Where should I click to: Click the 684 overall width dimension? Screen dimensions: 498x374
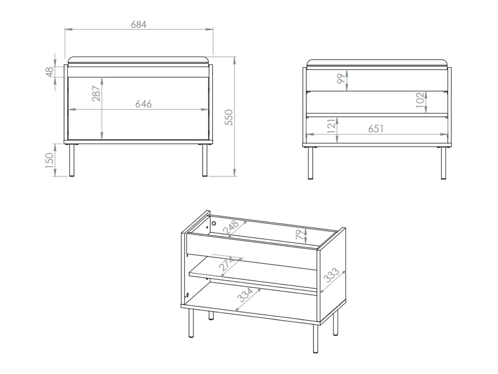tap(138, 25)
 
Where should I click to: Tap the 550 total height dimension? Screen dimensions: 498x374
tap(229, 117)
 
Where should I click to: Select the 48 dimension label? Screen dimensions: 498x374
tap(50, 72)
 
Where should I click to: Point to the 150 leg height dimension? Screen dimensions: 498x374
tap(49, 160)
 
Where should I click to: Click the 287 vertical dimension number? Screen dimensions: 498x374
tap(96, 93)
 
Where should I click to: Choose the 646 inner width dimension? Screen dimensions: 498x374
tap(143, 104)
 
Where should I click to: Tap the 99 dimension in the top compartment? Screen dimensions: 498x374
tap(341, 78)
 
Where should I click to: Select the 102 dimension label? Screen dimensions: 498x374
tap(420, 100)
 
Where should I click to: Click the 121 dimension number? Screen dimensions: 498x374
tap(331, 126)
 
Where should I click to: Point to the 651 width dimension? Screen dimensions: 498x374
tap(376, 129)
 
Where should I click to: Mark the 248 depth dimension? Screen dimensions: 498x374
tap(231, 227)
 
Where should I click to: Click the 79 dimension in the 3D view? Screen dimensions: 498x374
tap(300, 234)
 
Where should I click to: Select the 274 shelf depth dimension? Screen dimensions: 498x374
tap(226, 263)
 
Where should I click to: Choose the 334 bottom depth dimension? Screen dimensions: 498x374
tap(245, 294)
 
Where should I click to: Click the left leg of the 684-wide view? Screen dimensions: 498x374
tap(72, 160)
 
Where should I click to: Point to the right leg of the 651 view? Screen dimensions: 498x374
tap(443, 163)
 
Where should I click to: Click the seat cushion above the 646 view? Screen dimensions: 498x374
tap(138, 60)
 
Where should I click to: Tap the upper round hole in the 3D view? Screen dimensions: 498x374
tap(214, 223)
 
